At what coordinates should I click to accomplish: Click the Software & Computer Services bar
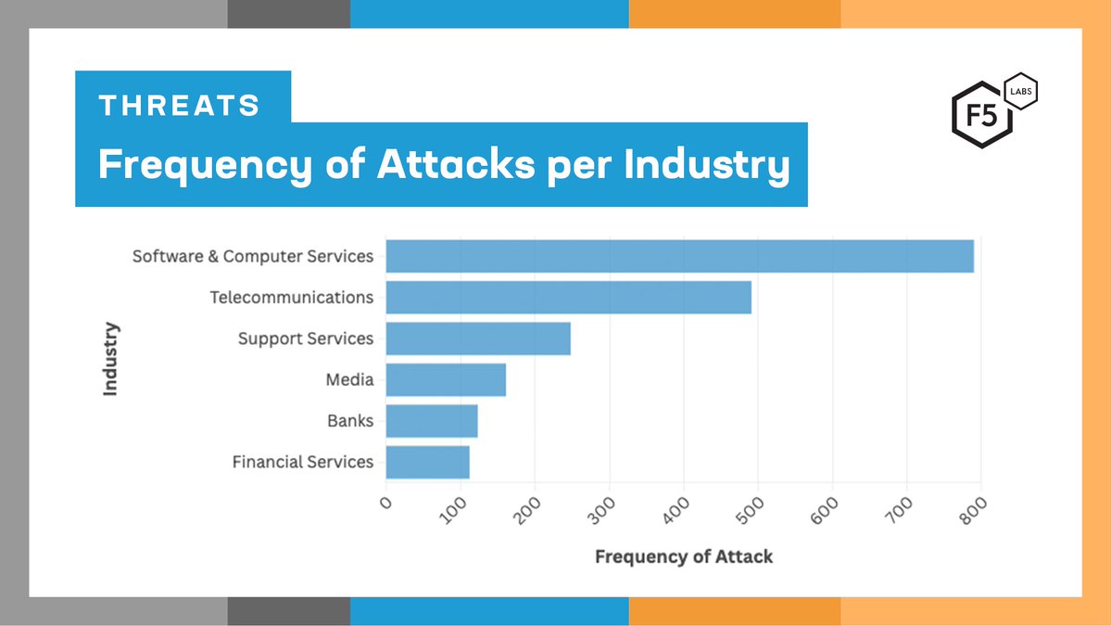pyautogui.click(x=679, y=256)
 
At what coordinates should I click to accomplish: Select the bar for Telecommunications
pyautogui.click(x=568, y=298)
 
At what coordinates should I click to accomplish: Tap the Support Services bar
pyautogui.click(x=478, y=339)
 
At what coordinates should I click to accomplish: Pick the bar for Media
pyautogui.click(x=446, y=379)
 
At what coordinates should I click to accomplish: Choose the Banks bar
pyautogui.click(x=432, y=421)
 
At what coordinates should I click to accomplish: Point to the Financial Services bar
pyautogui.click(x=427, y=462)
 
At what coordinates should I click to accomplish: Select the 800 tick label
pyautogui.click(x=974, y=511)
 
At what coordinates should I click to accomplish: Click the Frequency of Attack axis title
pyautogui.click(x=683, y=556)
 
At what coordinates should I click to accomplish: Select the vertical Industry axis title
pyautogui.click(x=111, y=359)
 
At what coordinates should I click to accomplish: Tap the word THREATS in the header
pyautogui.click(x=180, y=106)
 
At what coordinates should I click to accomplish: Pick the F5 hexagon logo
pyautogui.click(x=979, y=119)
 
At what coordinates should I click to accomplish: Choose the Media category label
pyautogui.click(x=349, y=379)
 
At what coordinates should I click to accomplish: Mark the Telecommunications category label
pyautogui.click(x=292, y=298)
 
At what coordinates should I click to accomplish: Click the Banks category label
pyautogui.click(x=350, y=421)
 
